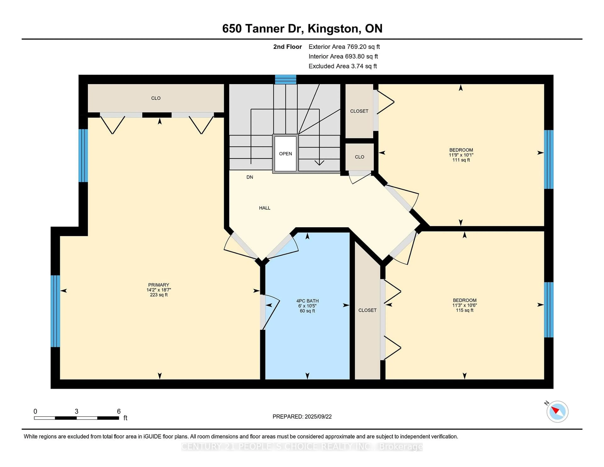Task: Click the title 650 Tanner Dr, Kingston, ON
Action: pos(302,28)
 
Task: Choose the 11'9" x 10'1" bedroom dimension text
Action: pos(461,155)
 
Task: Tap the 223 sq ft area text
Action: pos(159,295)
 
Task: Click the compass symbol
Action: pos(557,411)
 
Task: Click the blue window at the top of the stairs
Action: pos(285,79)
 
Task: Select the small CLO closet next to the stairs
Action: pos(360,157)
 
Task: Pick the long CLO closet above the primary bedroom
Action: pos(156,98)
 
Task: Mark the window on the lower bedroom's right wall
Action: pos(549,310)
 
